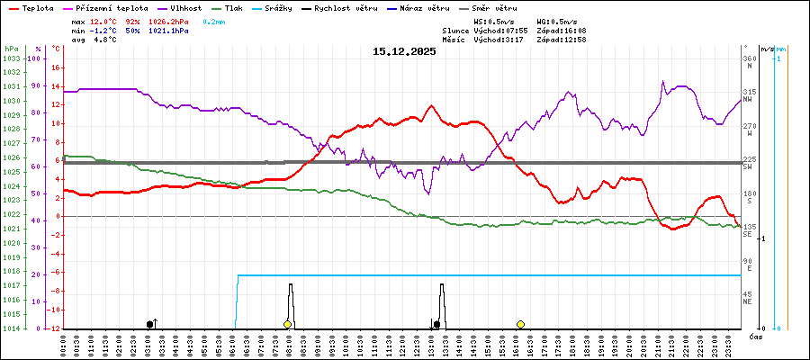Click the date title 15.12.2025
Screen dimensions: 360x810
point(404,51)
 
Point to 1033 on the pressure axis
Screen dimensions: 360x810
point(11,58)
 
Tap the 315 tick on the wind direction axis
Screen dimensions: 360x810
point(749,92)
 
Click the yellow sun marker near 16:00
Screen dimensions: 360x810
point(520,324)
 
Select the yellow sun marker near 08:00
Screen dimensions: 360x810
point(287,324)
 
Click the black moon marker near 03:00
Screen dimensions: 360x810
point(149,324)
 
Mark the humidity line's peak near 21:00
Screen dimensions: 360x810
point(663,81)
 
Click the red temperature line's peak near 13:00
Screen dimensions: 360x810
point(431,105)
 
